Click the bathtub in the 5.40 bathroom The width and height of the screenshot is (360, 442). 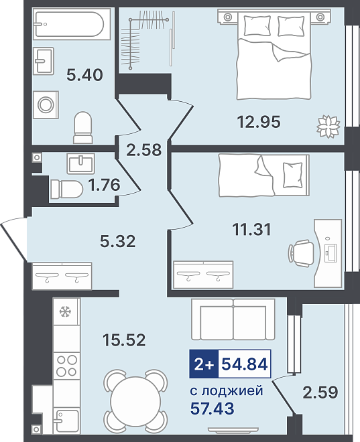pos(72,24)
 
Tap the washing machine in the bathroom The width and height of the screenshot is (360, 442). pos(46,105)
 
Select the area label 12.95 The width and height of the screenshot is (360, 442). pos(259,122)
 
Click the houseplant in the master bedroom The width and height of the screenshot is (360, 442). pos(328,127)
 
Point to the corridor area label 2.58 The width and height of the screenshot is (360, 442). pos(144,150)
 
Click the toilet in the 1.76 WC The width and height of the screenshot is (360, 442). pos(67,189)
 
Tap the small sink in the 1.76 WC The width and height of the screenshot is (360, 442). pos(80,164)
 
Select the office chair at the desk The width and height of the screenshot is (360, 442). pos(301,253)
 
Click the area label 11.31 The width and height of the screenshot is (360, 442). pos(251,229)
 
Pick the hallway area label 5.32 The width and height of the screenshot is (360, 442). pos(117,241)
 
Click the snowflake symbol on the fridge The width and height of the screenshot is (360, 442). pos(65,312)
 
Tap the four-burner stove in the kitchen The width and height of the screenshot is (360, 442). pos(66,366)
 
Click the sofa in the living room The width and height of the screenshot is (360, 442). pos(233,319)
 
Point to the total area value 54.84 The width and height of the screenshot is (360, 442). pos(244,364)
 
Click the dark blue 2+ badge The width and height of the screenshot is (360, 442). pos(204,364)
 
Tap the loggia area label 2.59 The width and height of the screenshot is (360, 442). pos(320,392)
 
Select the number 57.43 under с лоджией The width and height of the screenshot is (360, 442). pos(212,408)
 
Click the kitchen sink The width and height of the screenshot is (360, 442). pos(66,421)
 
